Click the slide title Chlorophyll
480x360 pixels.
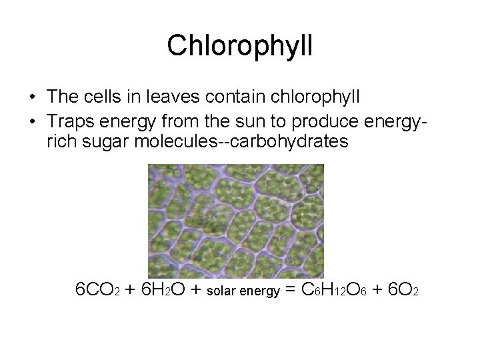[240, 45]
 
